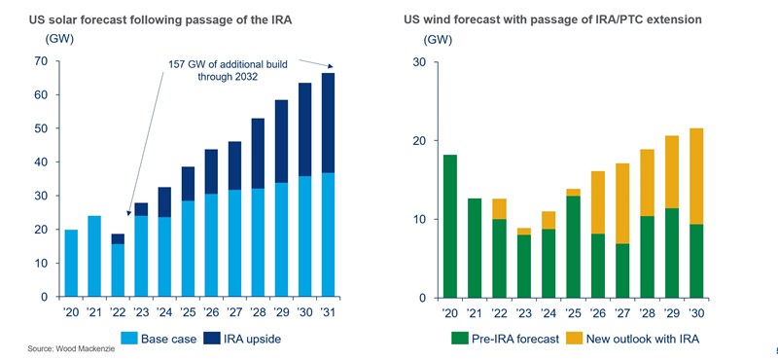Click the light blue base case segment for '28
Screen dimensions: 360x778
click(x=258, y=242)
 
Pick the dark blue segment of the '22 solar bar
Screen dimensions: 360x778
click(x=117, y=238)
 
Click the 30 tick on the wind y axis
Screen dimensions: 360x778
click(x=420, y=61)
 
